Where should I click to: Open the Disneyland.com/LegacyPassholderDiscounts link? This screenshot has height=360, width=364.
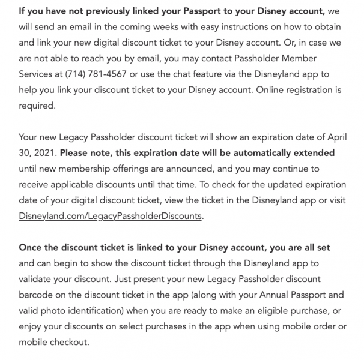pos(111,216)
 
